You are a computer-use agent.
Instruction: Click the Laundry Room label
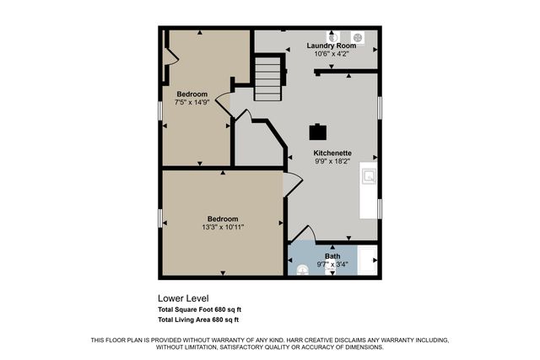[331, 46]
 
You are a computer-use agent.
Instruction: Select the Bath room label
[332, 255]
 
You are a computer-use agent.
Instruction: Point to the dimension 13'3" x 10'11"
[223, 227]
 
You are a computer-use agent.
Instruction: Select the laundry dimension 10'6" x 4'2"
[331, 54]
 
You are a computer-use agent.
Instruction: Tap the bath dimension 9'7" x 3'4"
[332, 264]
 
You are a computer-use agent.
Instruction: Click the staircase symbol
[267, 78]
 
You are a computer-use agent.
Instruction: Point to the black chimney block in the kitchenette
[317, 131]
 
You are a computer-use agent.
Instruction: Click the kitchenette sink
[369, 176]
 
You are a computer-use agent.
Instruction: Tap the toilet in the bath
[303, 271]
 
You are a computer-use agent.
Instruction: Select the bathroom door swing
[304, 234]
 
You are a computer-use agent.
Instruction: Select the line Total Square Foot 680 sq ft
[200, 309]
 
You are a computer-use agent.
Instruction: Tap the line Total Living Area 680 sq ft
[198, 320]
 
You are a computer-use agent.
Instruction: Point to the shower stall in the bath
[367, 261]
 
